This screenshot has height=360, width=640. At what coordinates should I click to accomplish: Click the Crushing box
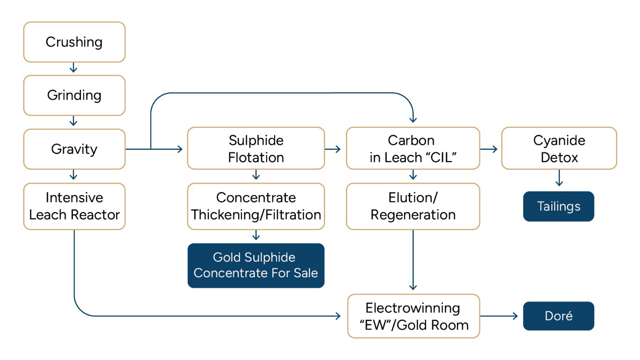pos(74,42)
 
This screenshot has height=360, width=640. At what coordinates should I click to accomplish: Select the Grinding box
pos(74,95)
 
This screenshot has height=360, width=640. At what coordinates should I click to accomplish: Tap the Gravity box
pos(74,149)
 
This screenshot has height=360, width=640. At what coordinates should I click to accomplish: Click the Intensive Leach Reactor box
pos(74,206)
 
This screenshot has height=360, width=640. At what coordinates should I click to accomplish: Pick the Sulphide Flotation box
pos(256,148)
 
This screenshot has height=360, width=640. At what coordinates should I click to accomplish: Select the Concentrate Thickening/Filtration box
pos(256,206)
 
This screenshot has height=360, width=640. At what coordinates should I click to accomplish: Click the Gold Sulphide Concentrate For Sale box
pos(256,265)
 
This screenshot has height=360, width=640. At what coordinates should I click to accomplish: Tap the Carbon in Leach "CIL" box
pos(413,148)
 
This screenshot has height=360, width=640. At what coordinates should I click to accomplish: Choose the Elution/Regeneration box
pos(413,206)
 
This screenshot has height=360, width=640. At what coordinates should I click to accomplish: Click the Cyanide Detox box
pos(559,148)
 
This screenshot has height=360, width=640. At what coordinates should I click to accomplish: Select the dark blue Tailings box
pos(559,207)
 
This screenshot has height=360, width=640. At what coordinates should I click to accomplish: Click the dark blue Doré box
pos(559,316)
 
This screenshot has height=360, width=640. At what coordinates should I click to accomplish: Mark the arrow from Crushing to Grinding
pos(74,68)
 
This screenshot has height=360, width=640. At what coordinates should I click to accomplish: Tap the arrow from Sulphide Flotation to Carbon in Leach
pos(333,149)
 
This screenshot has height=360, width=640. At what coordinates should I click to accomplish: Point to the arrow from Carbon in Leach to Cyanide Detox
pos(489,149)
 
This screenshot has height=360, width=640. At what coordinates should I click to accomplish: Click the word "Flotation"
pos(256,157)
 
